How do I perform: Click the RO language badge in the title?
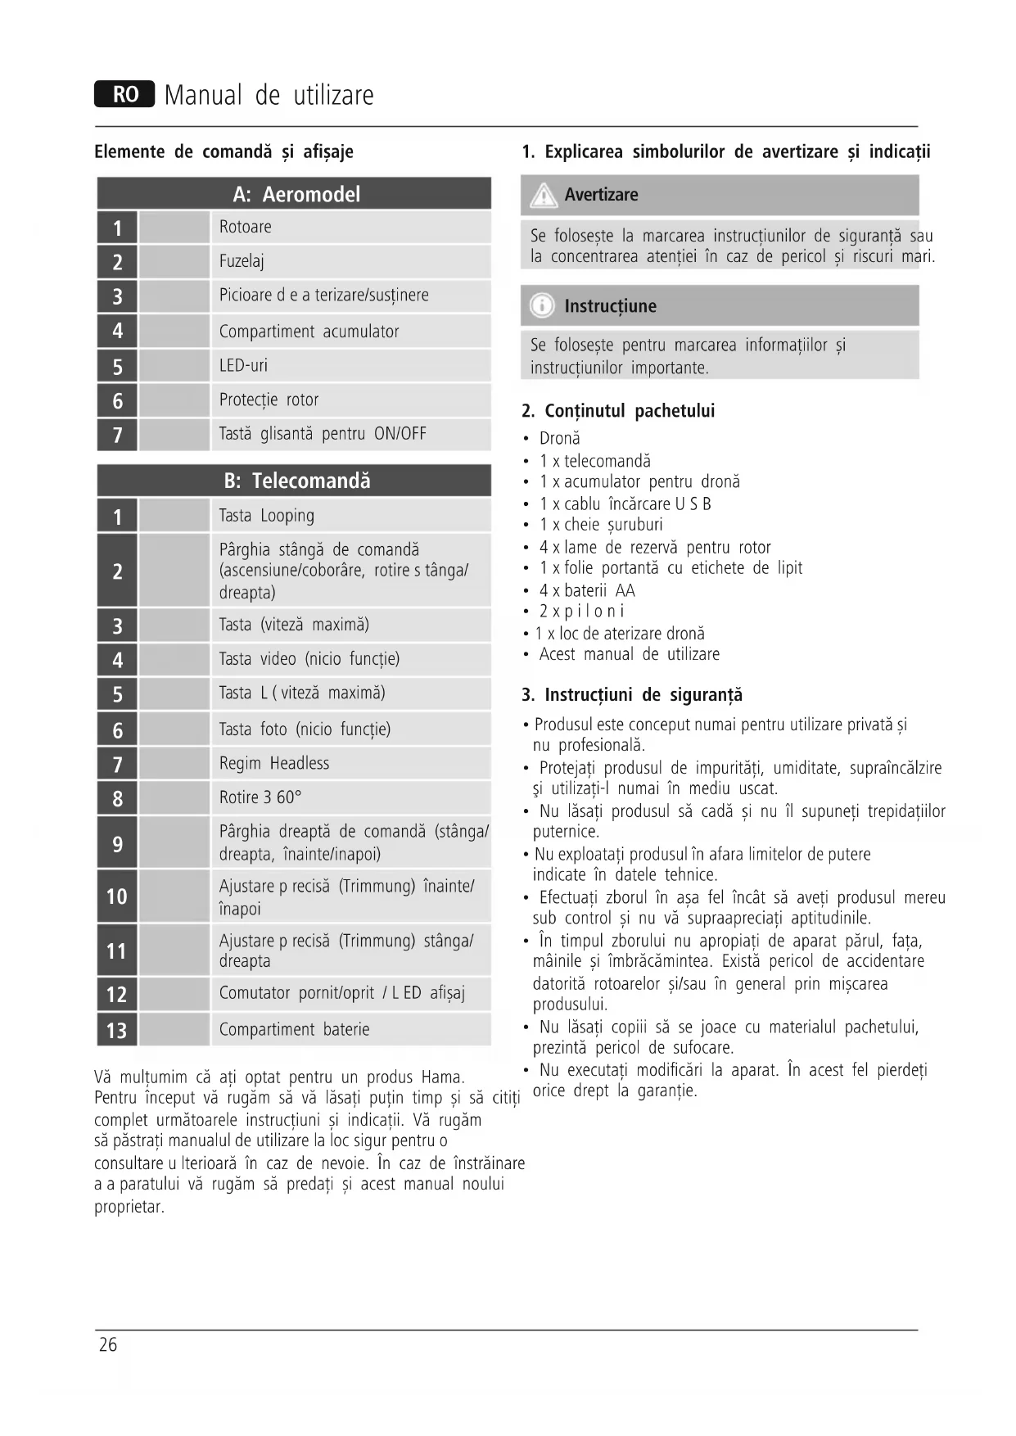click(x=124, y=95)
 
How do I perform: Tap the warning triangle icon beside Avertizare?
click(x=543, y=196)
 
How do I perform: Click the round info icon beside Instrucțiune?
click(x=541, y=306)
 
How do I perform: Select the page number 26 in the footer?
click(x=108, y=1344)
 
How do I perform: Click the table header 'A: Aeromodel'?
click(x=296, y=194)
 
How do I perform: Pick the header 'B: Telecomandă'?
click(x=296, y=481)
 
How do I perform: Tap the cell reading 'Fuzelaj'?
click(x=242, y=261)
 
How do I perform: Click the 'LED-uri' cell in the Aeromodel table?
click(x=243, y=365)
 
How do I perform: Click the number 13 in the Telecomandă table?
click(x=117, y=1030)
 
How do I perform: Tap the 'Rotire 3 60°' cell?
click(x=260, y=797)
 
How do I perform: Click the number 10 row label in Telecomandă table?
click(x=117, y=896)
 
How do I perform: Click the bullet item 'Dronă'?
click(x=559, y=439)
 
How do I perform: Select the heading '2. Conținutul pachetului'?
click(x=618, y=411)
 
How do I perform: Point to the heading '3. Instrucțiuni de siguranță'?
click(x=631, y=695)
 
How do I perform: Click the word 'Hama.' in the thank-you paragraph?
click(x=442, y=1077)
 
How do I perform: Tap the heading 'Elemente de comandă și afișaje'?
click(x=224, y=151)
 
